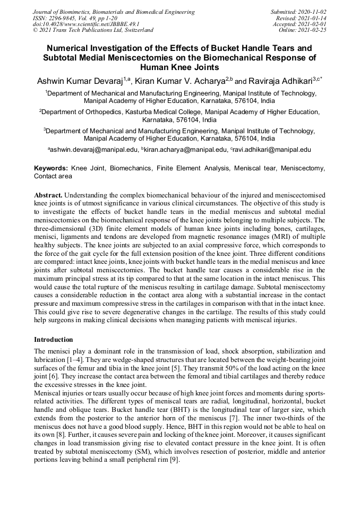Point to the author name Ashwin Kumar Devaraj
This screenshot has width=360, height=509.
80,82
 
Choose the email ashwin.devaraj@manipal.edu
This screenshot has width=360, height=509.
94,150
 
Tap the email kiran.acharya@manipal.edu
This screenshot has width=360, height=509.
183,150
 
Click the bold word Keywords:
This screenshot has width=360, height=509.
51,168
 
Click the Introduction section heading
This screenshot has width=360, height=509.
54,340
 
